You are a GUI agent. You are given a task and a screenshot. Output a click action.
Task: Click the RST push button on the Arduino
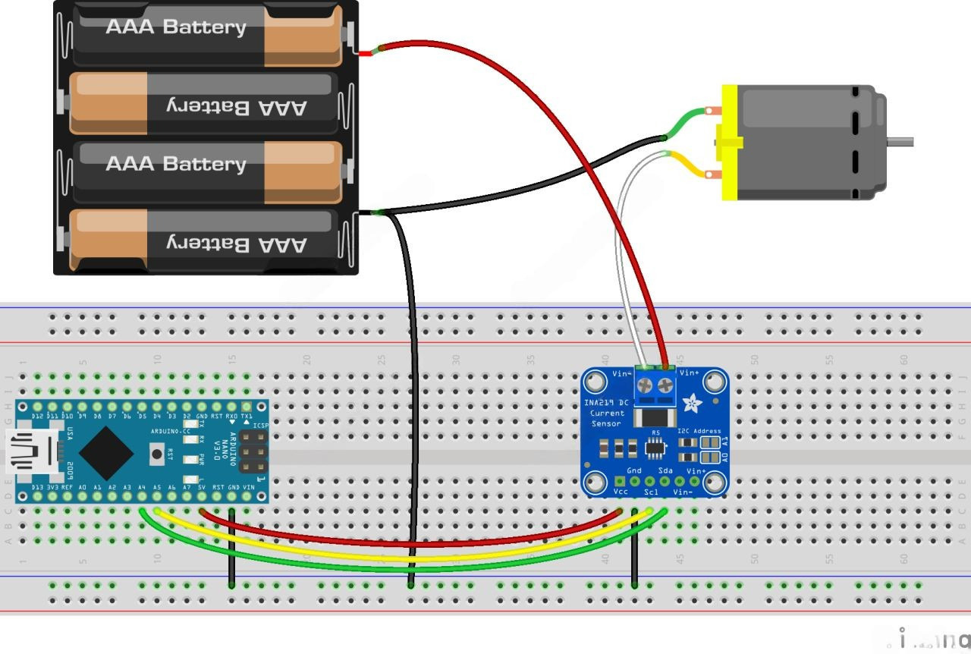(158, 455)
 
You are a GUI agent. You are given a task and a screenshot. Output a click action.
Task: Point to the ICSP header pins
(253, 451)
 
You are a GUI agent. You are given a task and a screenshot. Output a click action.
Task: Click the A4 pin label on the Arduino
(142, 486)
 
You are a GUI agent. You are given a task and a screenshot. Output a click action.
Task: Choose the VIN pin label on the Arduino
(248, 486)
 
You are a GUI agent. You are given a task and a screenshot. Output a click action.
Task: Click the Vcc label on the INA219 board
(620, 492)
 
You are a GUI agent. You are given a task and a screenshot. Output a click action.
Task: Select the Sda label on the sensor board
(666, 471)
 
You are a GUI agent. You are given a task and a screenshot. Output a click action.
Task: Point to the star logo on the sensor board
(692, 403)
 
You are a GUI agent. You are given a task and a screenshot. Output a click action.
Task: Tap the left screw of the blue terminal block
(645, 386)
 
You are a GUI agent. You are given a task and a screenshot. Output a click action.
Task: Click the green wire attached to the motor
(687, 119)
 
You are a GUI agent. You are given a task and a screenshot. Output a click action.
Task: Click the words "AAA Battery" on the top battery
(176, 27)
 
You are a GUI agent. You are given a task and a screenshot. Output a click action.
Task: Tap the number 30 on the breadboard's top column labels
(456, 360)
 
